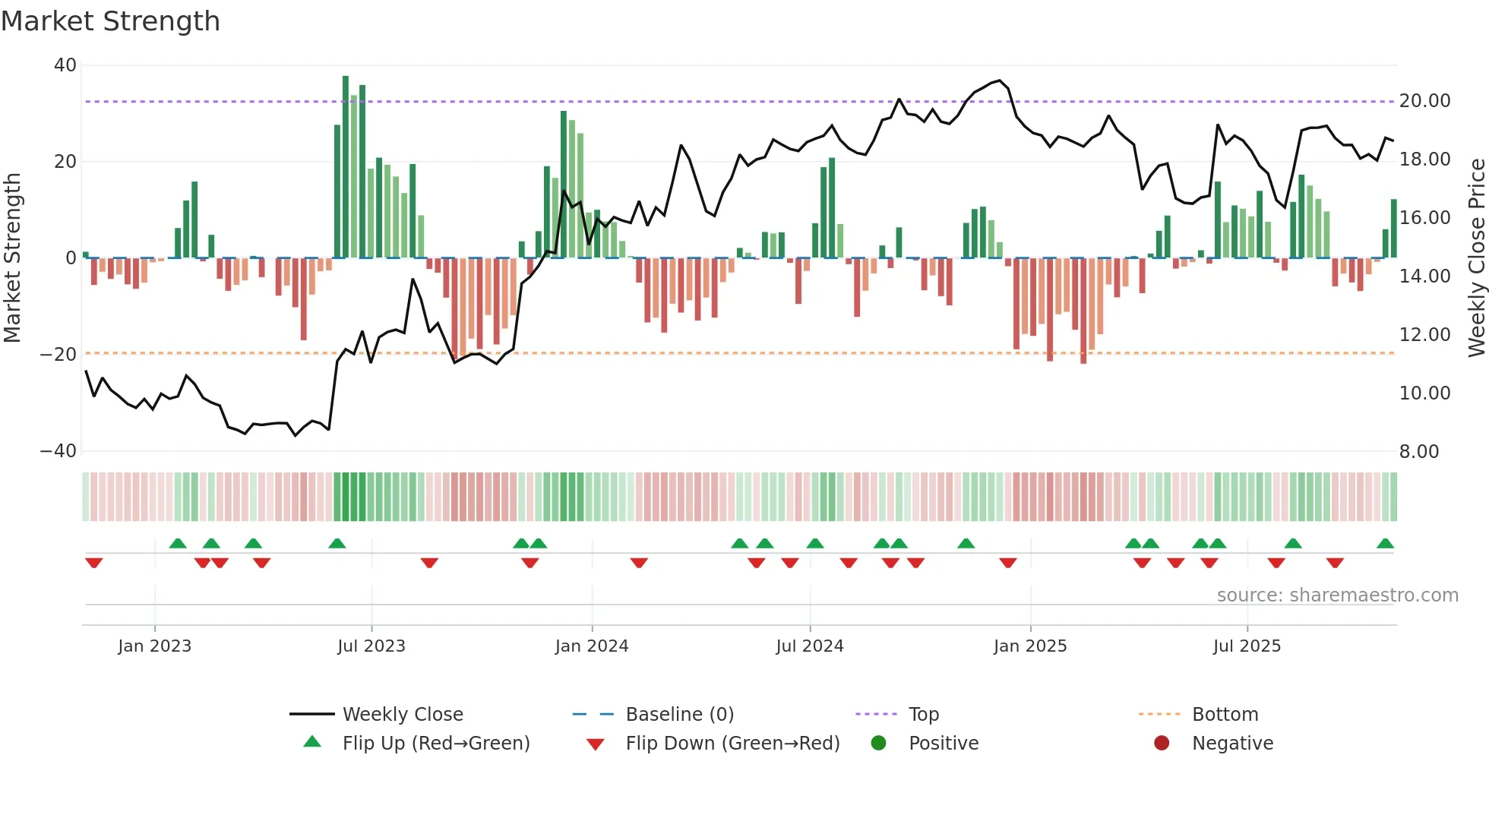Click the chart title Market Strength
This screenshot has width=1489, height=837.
pos(110,21)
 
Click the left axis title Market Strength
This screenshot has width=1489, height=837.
pos(12,257)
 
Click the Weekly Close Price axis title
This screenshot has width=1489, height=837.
pos(1476,257)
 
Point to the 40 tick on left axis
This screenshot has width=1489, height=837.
pos(65,65)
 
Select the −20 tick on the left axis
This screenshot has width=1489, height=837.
pos(58,355)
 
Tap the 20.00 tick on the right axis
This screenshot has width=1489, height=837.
pos(1424,101)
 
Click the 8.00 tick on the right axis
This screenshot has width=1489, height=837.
pos(1418,452)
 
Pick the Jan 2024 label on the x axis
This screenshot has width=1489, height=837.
pos(592,646)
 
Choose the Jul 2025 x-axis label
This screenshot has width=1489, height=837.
pos(1247,646)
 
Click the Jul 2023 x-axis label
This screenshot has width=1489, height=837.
pos(371,646)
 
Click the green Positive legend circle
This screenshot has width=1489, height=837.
pos(879,744)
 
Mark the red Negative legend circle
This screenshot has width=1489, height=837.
pos(1162,744)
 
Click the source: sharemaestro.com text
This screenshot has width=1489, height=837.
pos(1337,595)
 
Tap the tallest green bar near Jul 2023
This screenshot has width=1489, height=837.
pos(346,167)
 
